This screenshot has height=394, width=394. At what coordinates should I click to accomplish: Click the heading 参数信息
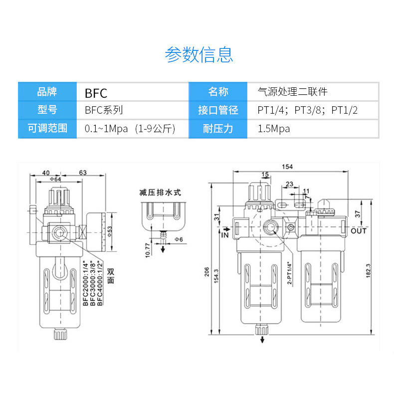point(199,54)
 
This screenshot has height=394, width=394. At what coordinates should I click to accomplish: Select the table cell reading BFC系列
point(133,110)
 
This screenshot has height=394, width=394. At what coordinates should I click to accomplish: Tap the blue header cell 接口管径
point(218,110)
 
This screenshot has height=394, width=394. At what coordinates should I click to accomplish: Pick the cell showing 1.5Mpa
point(313,129)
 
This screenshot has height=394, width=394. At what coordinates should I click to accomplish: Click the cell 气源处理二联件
point(313,91)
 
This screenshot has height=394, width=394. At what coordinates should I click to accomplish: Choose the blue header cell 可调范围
point(47,129)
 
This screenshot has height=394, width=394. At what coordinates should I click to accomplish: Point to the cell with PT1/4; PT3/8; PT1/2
point(313,110)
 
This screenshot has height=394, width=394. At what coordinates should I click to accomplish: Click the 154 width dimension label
point(287,167)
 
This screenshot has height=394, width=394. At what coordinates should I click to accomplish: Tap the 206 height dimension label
point(206,272)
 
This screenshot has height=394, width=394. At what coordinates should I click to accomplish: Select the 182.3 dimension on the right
point(368,271)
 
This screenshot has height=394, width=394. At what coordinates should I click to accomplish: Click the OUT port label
point(359,231)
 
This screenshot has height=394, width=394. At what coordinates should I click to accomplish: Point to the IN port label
point(225,235)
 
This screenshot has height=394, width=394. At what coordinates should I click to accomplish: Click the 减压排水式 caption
point(160,193)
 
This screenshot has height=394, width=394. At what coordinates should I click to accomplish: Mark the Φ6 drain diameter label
point(179,239)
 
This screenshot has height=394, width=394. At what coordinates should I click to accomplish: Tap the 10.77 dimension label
point(148,250)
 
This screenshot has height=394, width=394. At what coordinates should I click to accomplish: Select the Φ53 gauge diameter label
point(110,231)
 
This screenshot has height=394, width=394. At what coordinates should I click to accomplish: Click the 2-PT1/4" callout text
point(289,273)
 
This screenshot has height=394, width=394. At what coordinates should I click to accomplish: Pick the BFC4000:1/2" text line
point(100,283)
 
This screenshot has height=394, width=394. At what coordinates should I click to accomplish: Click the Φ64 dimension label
point(55,179)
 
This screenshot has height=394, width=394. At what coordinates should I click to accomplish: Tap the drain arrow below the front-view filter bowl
point(262,339)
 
